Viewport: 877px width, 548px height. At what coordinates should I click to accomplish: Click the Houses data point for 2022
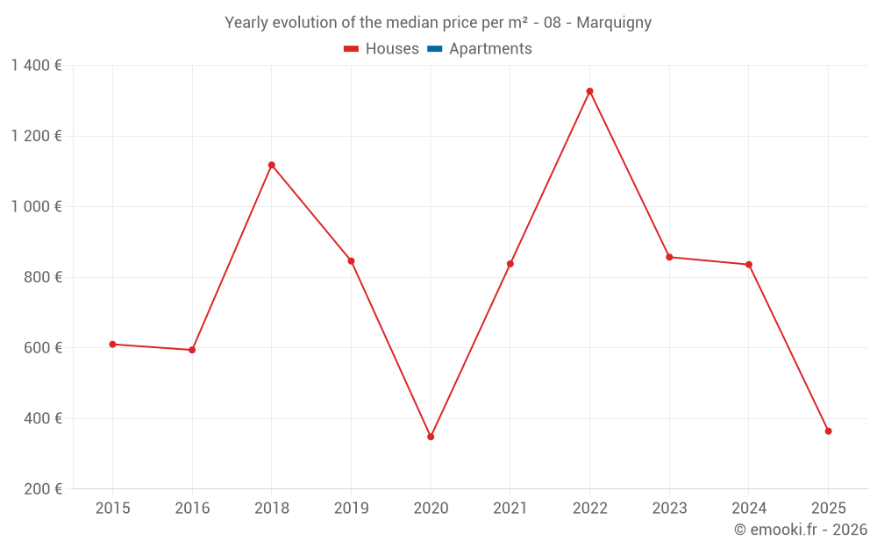pyautogui.click(x=589, y=91)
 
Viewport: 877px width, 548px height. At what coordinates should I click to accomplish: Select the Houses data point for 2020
pyautogui.click(x=431, y=437)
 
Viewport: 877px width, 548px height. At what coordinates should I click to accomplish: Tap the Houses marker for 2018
pyautogui.click(x=272, y=165)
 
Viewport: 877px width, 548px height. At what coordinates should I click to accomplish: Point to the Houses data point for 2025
pyautogui.click(x=828, y=431)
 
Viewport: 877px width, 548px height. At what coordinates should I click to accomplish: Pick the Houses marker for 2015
pyautogui.click(x=112, y=345)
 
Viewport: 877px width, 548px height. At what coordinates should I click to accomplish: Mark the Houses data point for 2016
pyautogui.click(x=192, y=350)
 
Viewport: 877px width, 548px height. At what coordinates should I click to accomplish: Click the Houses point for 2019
pyautogui.click(x=351, y=261)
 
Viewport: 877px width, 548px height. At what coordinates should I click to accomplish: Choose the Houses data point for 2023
pyautogui.click(x=669, y=257)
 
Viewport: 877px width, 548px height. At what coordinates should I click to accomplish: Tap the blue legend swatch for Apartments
pyautogui.click(x=435, y=49)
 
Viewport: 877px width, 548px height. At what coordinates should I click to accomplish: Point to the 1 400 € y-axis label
pyautogui.click(x=36, y=66)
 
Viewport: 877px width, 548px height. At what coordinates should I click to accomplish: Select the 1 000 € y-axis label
pyautogui.click(x=36, y=207)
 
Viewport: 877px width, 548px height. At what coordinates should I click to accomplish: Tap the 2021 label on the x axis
pyautogui.click(x=510, y=509)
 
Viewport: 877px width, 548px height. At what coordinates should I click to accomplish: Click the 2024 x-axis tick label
pyautogui.click(x=748, y=509)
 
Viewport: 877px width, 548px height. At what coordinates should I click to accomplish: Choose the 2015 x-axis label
pyautogui.click(x=112, y=509)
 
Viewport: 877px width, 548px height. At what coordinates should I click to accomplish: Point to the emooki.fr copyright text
pyautogui.click(x=801, y=530)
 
